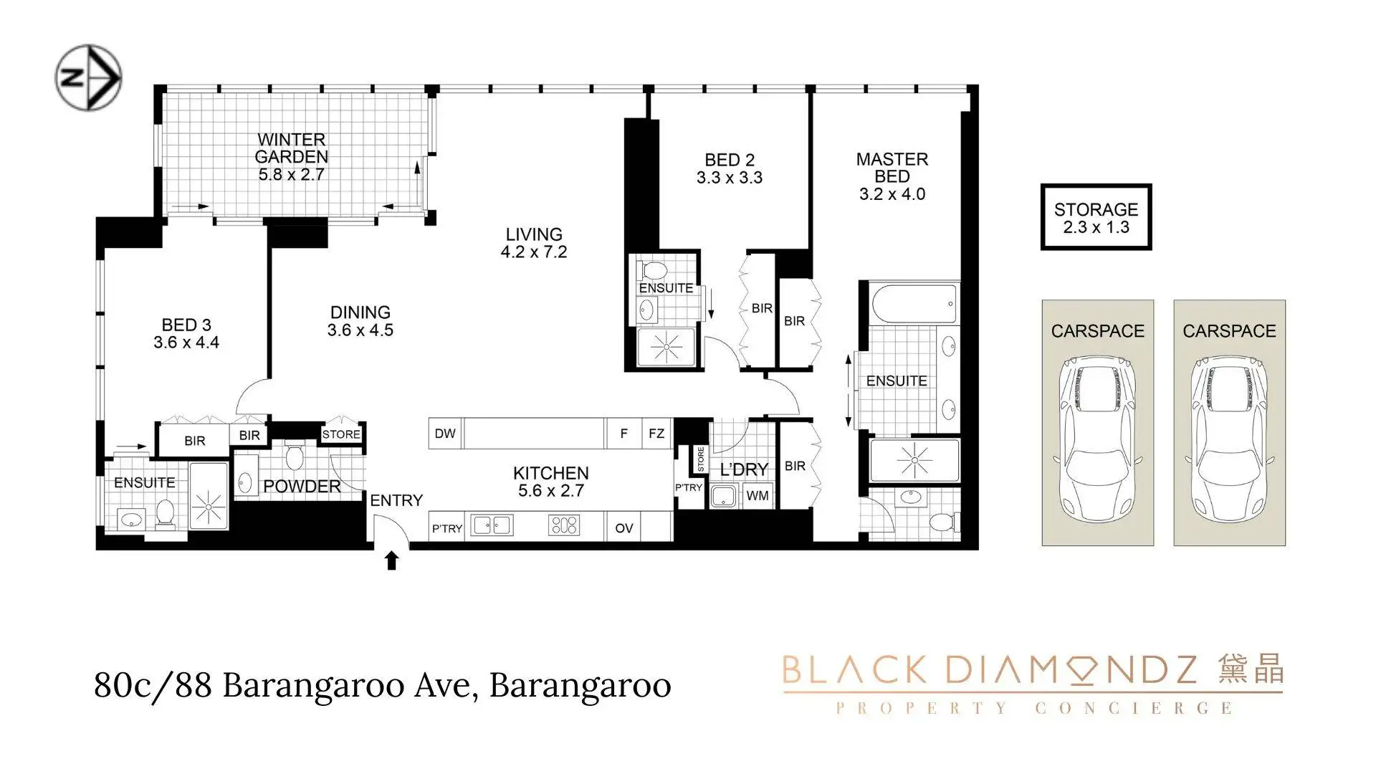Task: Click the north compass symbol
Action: click(x=89, y=77)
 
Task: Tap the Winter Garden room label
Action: click(x=292, y=148)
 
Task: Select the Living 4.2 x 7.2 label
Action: click(x=534, y=243)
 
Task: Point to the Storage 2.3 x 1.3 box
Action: click(x=1096, y=217)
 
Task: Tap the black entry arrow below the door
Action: click(x=391, y=560)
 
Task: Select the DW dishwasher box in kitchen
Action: click(x=445, y=434)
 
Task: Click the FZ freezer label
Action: click(x=656, y=434)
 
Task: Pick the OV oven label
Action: click(x=624, y=528)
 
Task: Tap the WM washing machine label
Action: click(x=758, y=495)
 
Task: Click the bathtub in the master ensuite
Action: click(x=914, y=304)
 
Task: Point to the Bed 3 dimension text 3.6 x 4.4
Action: click(x=186, y=343)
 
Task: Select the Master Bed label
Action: click(x=892, y=168)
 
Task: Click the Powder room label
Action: click(x=302, y=487)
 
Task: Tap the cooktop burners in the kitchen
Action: click(x=563, y=525)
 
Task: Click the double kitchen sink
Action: click(x=492, y=525)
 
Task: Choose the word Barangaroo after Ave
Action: click(x=580, y=685)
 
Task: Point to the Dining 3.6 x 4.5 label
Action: click(x=360, y=321)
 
